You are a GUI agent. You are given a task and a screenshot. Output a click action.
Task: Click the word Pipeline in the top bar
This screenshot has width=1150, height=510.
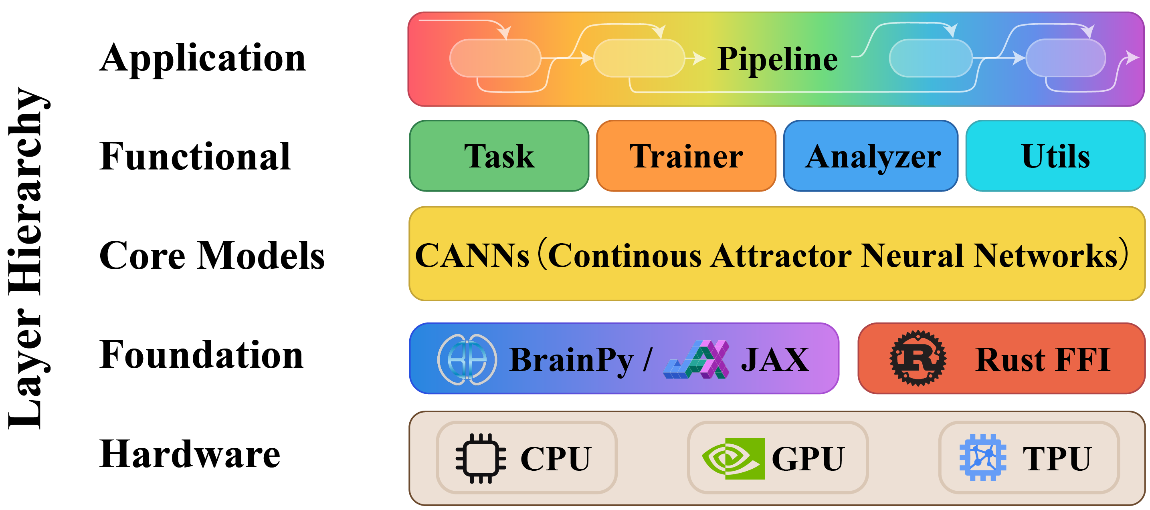pyautogui.click(x=777, y=59)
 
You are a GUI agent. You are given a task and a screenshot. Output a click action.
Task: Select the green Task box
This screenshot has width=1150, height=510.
pyautogui.click(x=499, y=156)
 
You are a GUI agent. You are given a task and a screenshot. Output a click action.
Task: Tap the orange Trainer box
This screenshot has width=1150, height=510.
pyautogui.click(x=686, y=156)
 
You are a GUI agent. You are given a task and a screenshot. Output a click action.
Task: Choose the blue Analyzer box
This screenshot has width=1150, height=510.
pyautogui.click(x=871, y=156)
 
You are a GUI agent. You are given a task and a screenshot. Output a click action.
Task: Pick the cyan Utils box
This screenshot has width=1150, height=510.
pyautogui.click(x=1055, y=156)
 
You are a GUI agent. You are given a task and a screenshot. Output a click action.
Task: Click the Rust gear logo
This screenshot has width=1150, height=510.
pyautogui.click(x=918, y=358)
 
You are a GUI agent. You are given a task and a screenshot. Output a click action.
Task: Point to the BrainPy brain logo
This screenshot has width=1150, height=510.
pyautogui.click(x=467, y=359)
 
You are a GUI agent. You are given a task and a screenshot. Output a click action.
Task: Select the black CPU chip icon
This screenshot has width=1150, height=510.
pyautogui.click(x=481, y=458)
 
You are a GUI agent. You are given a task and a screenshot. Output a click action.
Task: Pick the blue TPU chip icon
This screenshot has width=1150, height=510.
pyautogui.click(x=982, y=458)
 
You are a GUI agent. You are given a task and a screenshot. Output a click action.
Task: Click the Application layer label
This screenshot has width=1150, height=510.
pyautogui.click(x=202, y=58)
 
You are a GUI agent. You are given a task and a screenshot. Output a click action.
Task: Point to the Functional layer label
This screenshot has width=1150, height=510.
pyautogui.click(x=195, y=157)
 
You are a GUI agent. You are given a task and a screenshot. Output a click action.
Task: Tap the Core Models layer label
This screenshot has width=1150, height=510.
pyautogui.click(x=212, y=256)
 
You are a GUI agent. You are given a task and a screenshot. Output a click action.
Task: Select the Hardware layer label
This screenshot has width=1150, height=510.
pyautogui.click(x=190, y=454)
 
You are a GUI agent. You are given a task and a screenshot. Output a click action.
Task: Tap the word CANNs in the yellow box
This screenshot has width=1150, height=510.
pyautogui.click(x=472, y=256)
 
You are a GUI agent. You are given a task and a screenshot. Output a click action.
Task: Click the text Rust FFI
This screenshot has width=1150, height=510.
pyautogui.click(x=1043, y=360)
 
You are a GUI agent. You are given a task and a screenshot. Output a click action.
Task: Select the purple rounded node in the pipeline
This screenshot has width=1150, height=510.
pyautogui.click(x=1066, y=58)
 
